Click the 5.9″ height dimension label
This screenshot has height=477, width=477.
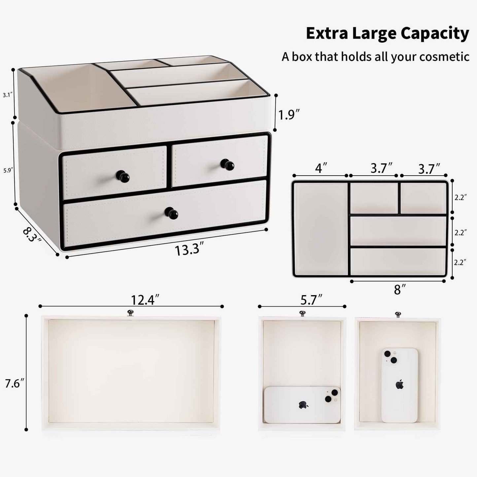tap(8, 170)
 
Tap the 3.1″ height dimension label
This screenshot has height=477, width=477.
tap(8, 95)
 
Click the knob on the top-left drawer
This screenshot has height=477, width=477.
tap(123, 177)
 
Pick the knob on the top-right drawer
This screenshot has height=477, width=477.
tap(227, 164)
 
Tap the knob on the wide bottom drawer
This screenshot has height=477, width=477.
tap(171, 213)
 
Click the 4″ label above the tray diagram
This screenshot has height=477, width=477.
tap(319, 168)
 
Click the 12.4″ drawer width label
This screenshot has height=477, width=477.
tap(145, 300)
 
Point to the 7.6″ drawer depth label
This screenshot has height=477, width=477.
tap(15, 384)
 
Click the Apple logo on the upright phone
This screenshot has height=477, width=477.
tap(400, 384)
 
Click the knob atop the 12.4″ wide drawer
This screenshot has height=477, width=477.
tap(130, 312)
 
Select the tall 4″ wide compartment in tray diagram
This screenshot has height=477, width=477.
tap(320, 228)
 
